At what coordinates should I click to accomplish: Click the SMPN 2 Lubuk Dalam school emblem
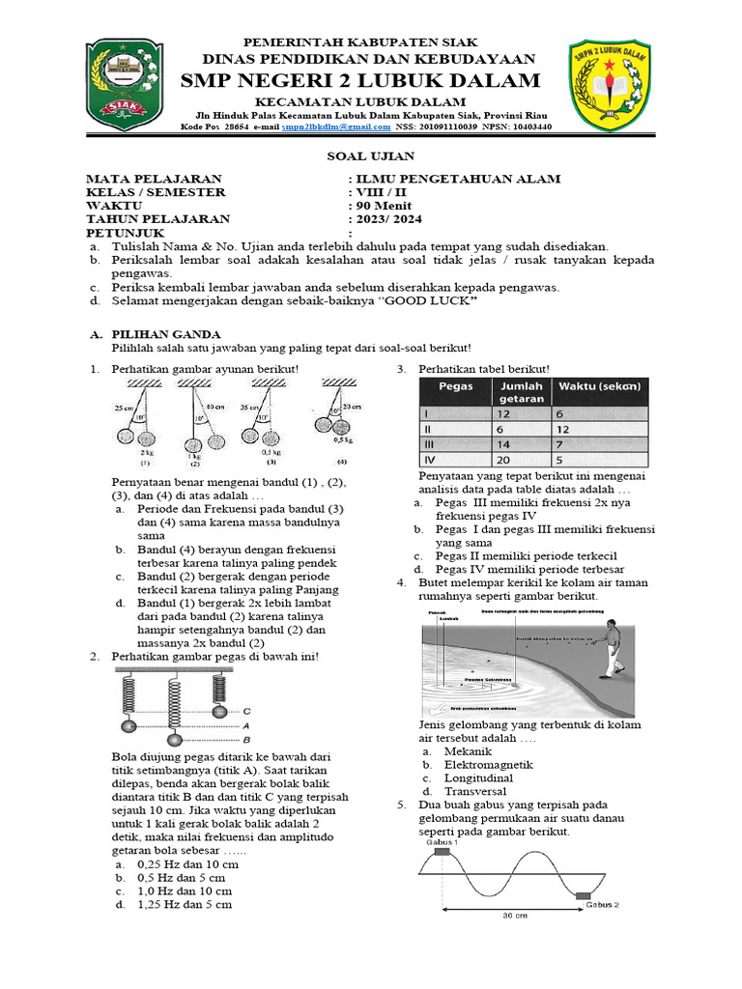coord(614,84)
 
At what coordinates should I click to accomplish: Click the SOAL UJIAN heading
coord(371,155)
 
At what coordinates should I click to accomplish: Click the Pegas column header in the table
coord(455,387)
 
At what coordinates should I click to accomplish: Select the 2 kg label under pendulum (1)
coord(148,451)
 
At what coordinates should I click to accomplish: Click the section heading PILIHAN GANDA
coord(156,334)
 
